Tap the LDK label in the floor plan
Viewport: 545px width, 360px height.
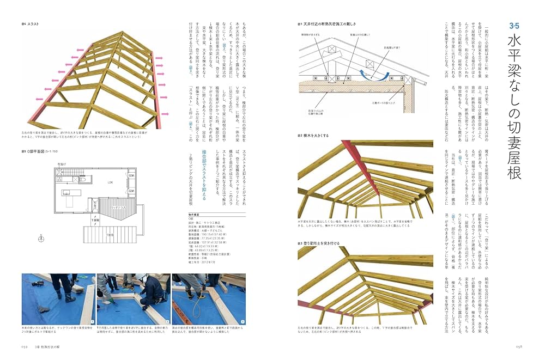(x=110, y=182)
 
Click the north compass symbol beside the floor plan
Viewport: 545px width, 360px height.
(x=41, y=237)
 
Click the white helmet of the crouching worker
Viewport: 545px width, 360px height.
(x=140, y=278)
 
